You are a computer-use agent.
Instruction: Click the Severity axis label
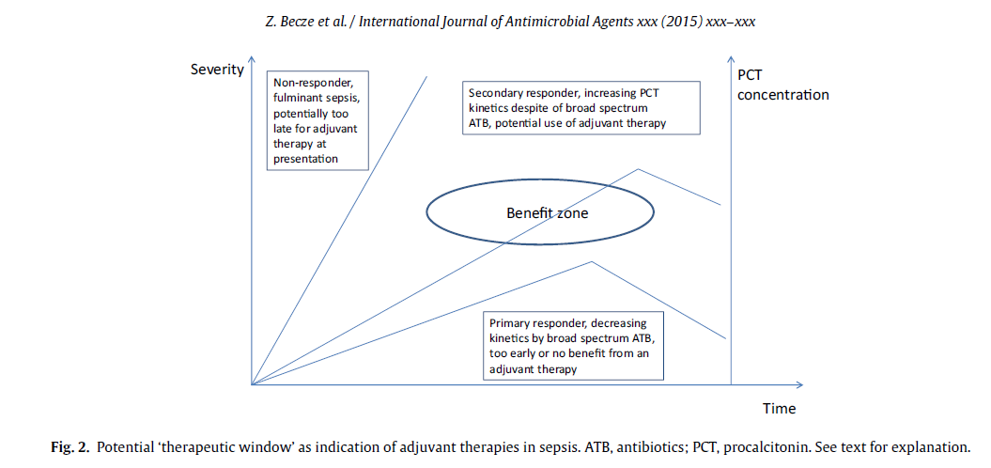217,70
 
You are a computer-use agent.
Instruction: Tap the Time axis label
779,408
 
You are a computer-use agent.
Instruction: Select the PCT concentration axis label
782,85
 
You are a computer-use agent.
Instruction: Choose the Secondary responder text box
581,107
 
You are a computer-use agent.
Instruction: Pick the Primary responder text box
574,345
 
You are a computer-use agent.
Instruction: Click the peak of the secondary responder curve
639,169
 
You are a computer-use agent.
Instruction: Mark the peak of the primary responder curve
593,261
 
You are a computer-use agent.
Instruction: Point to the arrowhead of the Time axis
799,384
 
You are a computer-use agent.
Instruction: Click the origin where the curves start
252,384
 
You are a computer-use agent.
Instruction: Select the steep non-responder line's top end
427,76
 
